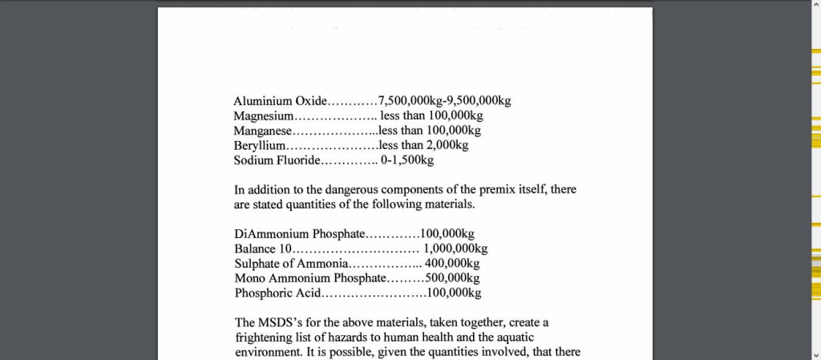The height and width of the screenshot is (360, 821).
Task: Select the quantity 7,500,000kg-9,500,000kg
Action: tap(444, 101)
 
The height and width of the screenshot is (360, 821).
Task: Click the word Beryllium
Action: tap(260, 146)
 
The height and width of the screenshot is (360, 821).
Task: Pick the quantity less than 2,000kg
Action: tap(423, 145)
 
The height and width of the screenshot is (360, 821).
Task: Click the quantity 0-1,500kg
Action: tap(407, 160)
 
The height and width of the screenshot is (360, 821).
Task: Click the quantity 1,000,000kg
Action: tap(455, 249)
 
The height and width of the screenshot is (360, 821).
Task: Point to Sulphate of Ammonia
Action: tap(292, 264)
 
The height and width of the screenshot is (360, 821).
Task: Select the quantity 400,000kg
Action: tap(452, 264)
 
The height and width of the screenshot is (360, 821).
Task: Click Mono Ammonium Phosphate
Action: tap(309, 278)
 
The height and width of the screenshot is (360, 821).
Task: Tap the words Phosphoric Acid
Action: tap(277, 293)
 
